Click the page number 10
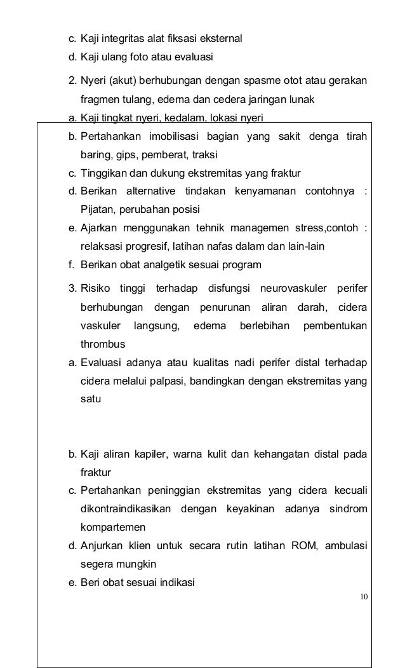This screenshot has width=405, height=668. click(363, 596)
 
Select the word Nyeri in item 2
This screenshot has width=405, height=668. click(92, 82)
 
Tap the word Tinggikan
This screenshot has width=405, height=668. click(103, 173)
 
